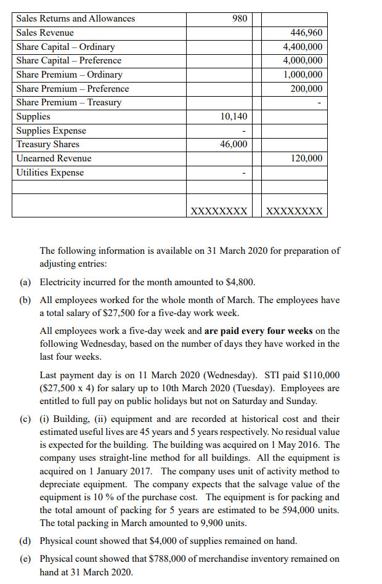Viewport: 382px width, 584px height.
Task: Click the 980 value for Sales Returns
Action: click(x=240, y=18)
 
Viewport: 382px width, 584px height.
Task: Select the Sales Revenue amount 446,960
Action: click(x=306, y=33)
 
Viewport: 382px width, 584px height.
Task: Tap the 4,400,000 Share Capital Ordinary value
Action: click(x=302, y=47)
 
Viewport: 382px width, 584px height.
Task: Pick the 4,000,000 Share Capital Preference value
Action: click(x=302, y=60)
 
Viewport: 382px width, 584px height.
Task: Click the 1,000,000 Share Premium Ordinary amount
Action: click(x=302, y=75)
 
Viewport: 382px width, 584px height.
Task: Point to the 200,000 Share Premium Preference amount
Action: click(x=306, y=89)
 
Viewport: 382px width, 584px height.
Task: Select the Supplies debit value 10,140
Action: click(x=234, y=116)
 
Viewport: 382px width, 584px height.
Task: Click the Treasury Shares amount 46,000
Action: click(x=234, y=144)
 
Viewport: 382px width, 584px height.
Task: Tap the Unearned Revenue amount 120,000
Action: click(x=306, y=158)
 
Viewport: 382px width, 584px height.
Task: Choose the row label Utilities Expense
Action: click(x=50, y=172)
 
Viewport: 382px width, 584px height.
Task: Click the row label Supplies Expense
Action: click(x=51, y=131)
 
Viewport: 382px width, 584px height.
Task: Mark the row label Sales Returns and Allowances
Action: click(x=76, y=18)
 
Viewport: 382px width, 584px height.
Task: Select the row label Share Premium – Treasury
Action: click(x=69, y=102)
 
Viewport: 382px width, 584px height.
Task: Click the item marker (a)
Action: click(x=25, y=282)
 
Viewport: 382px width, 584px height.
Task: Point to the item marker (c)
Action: click(x=25, y=418)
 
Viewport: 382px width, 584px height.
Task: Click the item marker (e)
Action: click(x=25, y=559)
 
